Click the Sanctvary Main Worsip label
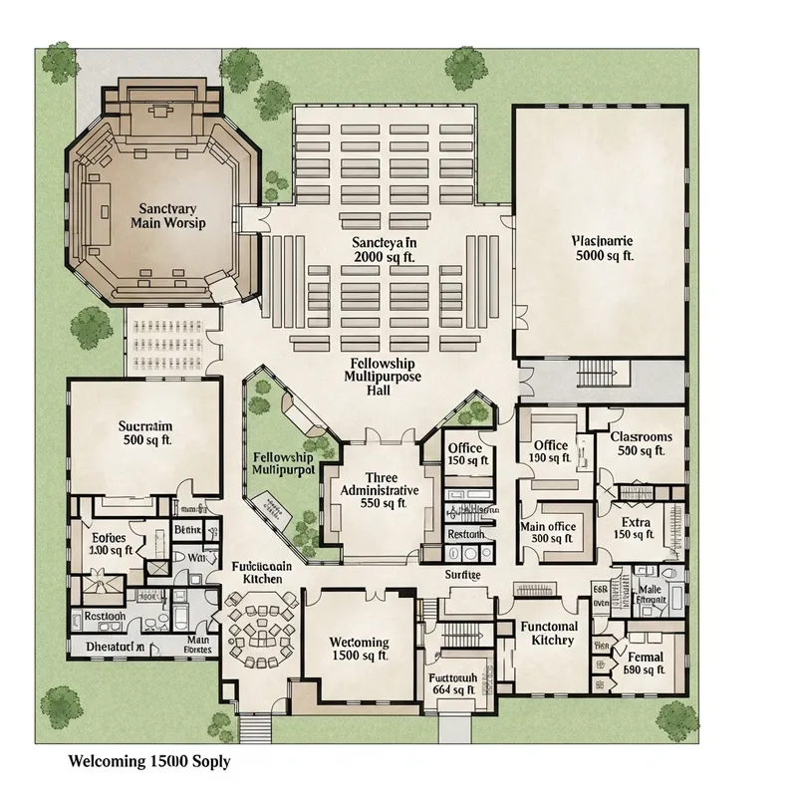(x=167, y=215)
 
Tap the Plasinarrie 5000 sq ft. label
(x=604, y=247)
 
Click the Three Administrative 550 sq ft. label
(x=380, y=491)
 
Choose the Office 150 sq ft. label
(x=465, y=454)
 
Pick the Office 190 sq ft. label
(x=550, y=452)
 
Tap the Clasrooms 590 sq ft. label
(x=641, y=444)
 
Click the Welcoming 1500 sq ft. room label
(x=359, y=650)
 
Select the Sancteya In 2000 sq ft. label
(x=384, y=249)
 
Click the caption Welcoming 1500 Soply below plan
(x=148, y=761)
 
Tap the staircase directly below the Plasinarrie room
(x=598, y=374)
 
